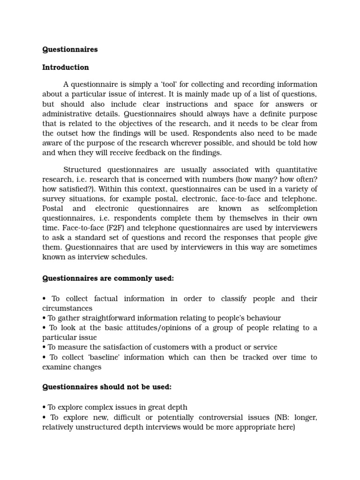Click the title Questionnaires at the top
tap(70, 49)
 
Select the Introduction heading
tap(65, 67)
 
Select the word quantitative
tap(295, 170)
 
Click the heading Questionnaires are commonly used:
tap(108, 278)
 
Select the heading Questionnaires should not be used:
tap(107, 387)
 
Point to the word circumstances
tap(67, 308)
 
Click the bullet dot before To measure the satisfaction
tap(44, 347)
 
